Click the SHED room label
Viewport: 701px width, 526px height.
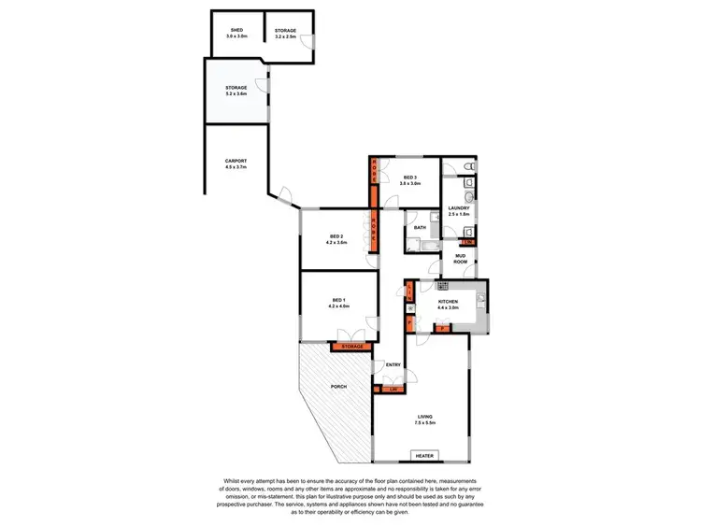(237, 31)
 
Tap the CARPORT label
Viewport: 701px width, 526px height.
(236, 162)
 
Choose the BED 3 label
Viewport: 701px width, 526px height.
(409, 178)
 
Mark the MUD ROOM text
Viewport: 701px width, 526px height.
(460, 259)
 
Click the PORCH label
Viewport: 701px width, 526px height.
(337, 386)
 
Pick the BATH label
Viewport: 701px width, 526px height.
(420, 227)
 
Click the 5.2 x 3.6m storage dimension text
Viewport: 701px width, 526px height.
(236, 93)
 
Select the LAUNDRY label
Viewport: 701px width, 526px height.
(458, 208)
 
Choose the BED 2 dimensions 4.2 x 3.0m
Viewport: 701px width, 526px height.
(336, 243)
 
